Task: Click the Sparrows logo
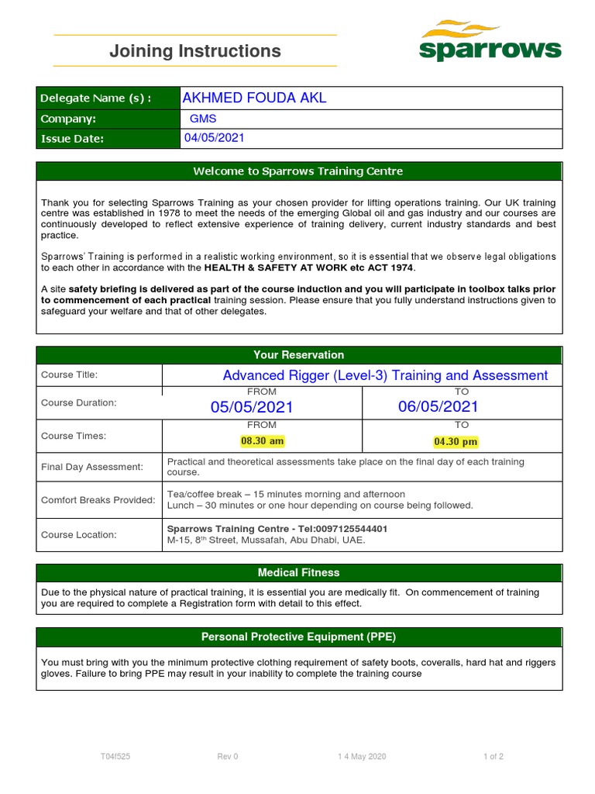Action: (490, 42)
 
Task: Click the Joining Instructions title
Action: (195, 51)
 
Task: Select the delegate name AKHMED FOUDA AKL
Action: (254, 98)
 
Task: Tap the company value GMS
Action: (204, 119)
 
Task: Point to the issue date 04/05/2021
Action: (214, 138)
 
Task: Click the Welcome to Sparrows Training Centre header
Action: (299, 171)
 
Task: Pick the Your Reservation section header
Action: (299, 354)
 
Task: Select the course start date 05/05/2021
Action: (252, 407)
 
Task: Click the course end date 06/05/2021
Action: (439, 406)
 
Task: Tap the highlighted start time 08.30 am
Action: (263, 441)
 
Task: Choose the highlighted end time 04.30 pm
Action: (456, 442)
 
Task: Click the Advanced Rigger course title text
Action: (385, 375)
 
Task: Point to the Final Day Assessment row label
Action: (92, 467)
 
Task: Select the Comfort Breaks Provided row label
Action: (98, 500)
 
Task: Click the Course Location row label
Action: (79, 534)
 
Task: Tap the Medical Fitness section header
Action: (299, 572)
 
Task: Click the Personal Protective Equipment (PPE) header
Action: (299, 637)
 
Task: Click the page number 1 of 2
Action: (493, 757)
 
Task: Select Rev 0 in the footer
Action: (228, 757)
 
